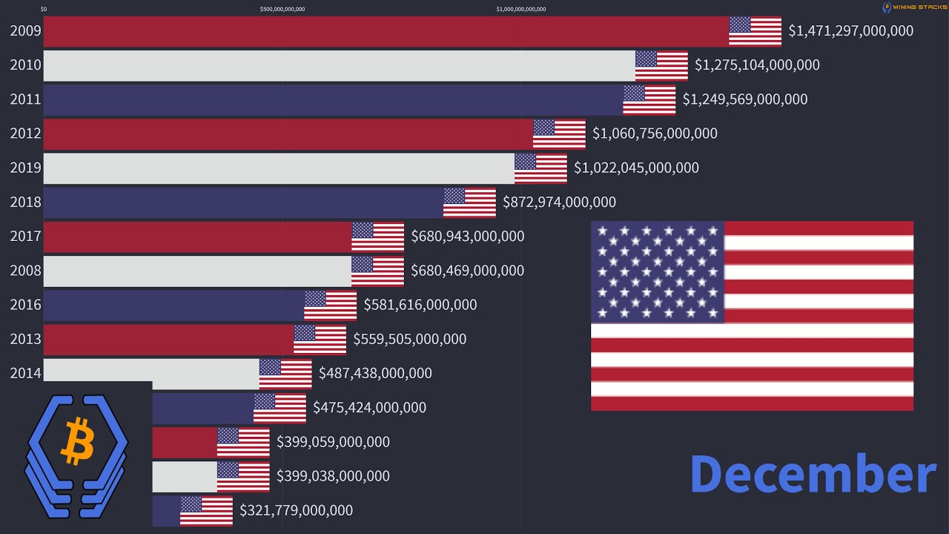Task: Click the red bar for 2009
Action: pos(386,31)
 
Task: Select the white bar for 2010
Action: pos(339,65)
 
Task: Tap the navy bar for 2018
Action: pos(243,202)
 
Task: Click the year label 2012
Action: pos(25,133)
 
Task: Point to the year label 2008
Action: pos(25,271)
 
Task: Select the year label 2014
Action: pos(25,373)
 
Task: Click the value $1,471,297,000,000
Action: pos(850,31)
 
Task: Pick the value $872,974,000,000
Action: pos(559,202)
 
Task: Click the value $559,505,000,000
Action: pos(409,339)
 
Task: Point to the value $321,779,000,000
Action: pos(296,510)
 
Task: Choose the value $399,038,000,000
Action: pos(333,476)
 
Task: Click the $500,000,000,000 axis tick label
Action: pos(282,10)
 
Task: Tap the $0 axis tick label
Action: pos(44,10)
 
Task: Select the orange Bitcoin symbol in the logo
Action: pos(78,441)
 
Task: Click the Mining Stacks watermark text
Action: pos(919,7)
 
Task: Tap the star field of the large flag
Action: pos(657,271)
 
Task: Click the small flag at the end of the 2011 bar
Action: pos(649,100)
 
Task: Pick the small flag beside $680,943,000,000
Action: pos(377,237)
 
